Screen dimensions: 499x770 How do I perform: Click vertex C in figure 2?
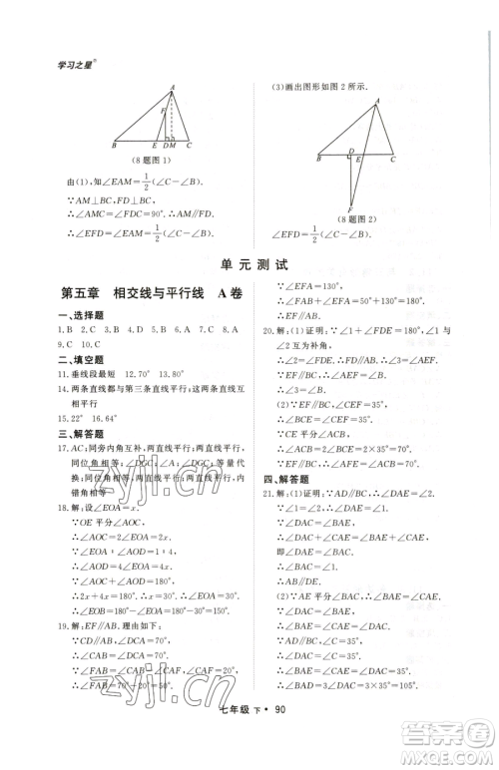pyautogui.click(x=392, y=158)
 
